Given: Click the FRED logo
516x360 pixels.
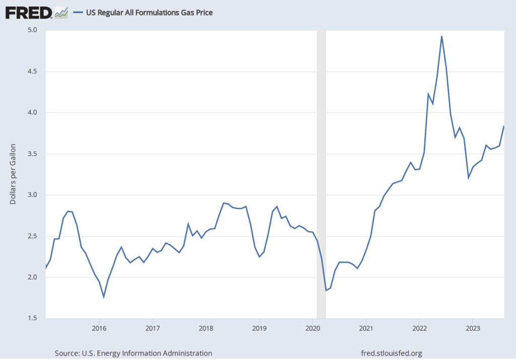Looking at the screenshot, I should pos(28,12).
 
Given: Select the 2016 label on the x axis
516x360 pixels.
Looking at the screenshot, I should pos(99,328).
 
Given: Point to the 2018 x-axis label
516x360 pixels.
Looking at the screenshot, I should pos(206,328).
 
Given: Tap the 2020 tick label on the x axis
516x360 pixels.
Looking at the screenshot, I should pos(312,328).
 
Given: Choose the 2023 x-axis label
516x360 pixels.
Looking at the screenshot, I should pos(473,328).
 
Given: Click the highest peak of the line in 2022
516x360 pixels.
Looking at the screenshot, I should pos(441,36).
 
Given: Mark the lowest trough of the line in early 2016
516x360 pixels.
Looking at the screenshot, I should pos(104,297).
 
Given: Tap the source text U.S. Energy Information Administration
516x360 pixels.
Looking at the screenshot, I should pos(133,353).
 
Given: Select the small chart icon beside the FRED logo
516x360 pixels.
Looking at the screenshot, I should pos(61,12).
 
